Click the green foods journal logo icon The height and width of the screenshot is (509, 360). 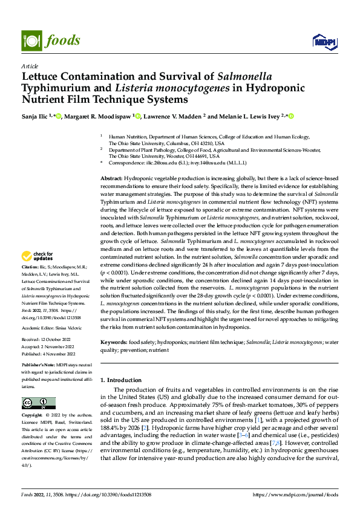coord(30,40)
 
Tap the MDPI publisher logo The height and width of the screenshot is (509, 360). coord(322,41)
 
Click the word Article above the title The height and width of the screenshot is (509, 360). coord(30,66)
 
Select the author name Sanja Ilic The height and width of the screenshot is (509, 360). coord(36,116)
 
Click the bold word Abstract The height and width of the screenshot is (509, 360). coord(111,163)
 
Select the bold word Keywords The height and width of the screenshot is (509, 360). coord(114,342)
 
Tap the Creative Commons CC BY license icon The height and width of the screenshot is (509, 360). coord(38,403)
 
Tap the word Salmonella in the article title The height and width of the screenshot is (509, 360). coord(244,77)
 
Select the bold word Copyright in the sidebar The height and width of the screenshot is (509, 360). coord(33,416)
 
